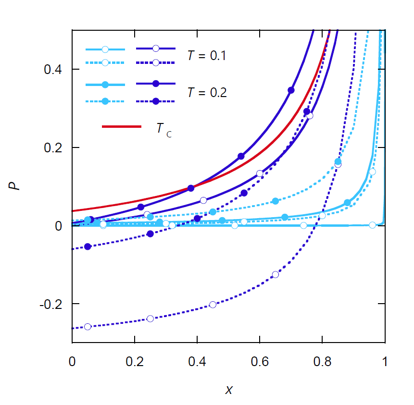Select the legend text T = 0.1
tap(207, 56)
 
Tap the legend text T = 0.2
tap(207, 93)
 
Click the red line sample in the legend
tap(122, 126)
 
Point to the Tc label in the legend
tap(163, 129)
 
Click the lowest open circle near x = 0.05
tap(88, 327)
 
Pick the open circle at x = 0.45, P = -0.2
tap(213, 305)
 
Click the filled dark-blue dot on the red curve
tap(191, 188)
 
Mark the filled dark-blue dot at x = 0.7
tap(291, 90)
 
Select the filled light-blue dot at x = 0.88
tap(347, 203)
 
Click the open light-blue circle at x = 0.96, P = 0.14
tap(372, 172)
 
